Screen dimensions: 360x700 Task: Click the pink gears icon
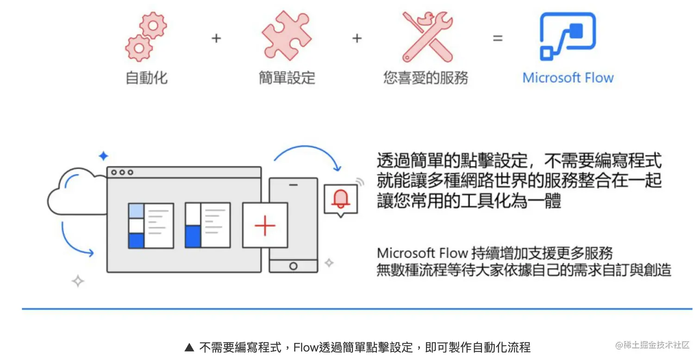click(x=145, y=37)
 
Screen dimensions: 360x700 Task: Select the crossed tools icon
click(x=426, y=37)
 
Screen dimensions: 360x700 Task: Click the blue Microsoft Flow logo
click(x=568, y=37)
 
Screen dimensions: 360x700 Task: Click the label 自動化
click(x=146, y=77)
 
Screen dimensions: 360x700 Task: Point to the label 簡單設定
click(x=287, y=77)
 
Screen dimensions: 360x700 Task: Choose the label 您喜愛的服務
click(x=425, y=77)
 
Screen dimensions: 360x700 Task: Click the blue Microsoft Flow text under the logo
click(x=568, y=77)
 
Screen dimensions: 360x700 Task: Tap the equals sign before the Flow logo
click(x=497, y=38)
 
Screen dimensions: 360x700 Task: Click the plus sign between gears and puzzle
click(x=216, y=38)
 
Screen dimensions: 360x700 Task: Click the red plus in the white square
click(x=265, y=225)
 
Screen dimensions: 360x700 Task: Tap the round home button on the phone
click(x=293, y=266)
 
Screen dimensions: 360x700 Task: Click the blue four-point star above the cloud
click(x=103, y=156)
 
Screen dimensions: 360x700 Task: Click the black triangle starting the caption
click(x=189, y=348)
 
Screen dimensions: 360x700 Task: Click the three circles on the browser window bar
click(x=122, y=173)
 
